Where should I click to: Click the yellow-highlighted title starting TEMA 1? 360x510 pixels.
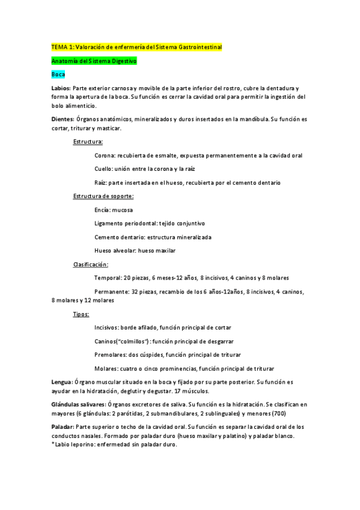[x=136, y=47]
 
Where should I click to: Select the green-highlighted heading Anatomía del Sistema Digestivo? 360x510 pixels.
[x=95, y=61]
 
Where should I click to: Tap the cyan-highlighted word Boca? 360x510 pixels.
[x=58, y=75]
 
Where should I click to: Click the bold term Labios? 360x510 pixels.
[x=61, y=88]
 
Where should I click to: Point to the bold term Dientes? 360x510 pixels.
[x=63, y=119]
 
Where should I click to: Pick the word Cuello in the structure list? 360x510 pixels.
[x=104, y=169]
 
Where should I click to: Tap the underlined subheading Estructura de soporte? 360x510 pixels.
[x=103, y=196]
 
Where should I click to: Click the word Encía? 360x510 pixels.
[x=103, y=210]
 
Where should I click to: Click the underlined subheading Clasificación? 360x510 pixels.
[x=91, y=264]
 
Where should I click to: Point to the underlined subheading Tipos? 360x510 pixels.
[x=81, y=314]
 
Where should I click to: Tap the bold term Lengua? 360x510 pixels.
[x=62, y=382]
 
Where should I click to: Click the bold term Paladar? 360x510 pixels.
[x=63, y=426]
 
